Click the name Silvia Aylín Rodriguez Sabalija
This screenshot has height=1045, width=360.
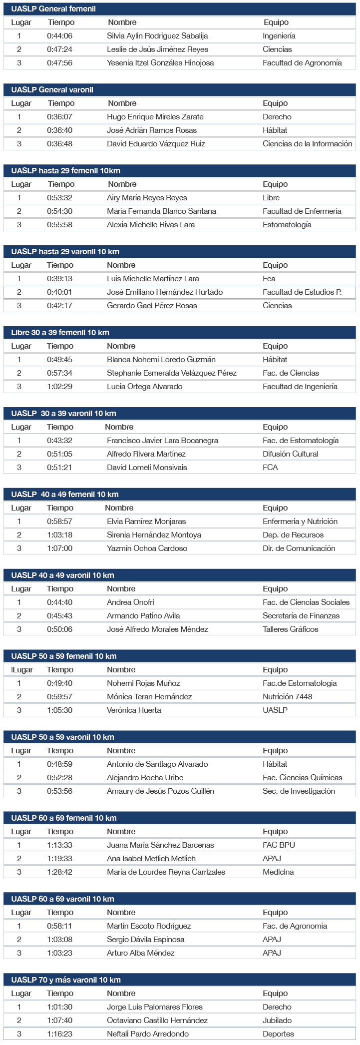click(157, 36)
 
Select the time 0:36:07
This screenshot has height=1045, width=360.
click(59, 117)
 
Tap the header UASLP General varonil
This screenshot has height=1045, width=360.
click(52, 90)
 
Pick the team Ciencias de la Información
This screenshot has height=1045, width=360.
click(307, 144)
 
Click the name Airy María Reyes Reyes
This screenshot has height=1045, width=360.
click(147, 198)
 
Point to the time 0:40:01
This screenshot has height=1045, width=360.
click(59, 292)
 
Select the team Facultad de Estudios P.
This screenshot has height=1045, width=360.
click(302, 292)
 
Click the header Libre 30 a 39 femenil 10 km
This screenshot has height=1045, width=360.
click(60, 333)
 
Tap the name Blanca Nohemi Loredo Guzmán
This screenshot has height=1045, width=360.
click(161, 360)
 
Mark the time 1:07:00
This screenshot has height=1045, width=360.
click(59, 548)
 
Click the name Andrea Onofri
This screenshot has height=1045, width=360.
click(130, 602)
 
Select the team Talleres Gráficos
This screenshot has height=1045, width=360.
click(290, 629)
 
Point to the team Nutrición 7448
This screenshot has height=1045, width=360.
click(287, 697)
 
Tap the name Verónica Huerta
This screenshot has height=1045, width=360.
click(134, 710)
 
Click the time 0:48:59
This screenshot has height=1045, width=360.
click(59, 764)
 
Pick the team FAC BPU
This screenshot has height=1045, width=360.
click(279, 845)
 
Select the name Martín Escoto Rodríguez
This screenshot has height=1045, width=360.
click(149, 926)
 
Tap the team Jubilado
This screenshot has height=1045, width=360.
click(277, 1021)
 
